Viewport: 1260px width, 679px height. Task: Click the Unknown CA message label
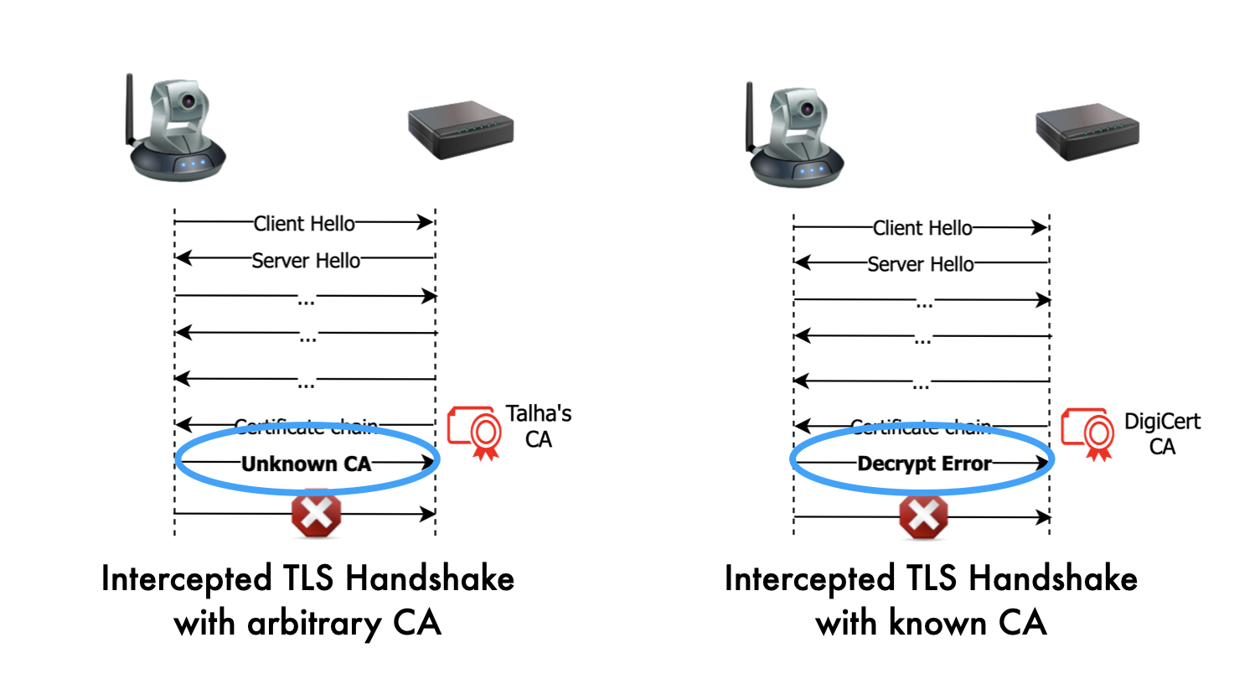pos(306,464)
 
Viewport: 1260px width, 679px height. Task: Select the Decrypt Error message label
pos(924,464)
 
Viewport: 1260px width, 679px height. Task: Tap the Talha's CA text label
pos(539,426)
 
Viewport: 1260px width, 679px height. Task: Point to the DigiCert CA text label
pos(1162,433)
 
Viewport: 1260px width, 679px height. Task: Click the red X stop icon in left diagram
pos(316,512)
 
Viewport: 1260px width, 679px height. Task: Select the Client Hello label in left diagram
pos(304,224)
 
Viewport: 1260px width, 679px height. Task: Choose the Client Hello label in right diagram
pos(922,228)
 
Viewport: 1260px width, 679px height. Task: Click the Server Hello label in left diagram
pos(306,261)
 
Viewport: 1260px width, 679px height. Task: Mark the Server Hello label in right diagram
pos(921,265)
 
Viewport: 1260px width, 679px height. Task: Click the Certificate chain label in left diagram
pos(306,427)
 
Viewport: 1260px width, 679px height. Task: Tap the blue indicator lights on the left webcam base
pos(192,165)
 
